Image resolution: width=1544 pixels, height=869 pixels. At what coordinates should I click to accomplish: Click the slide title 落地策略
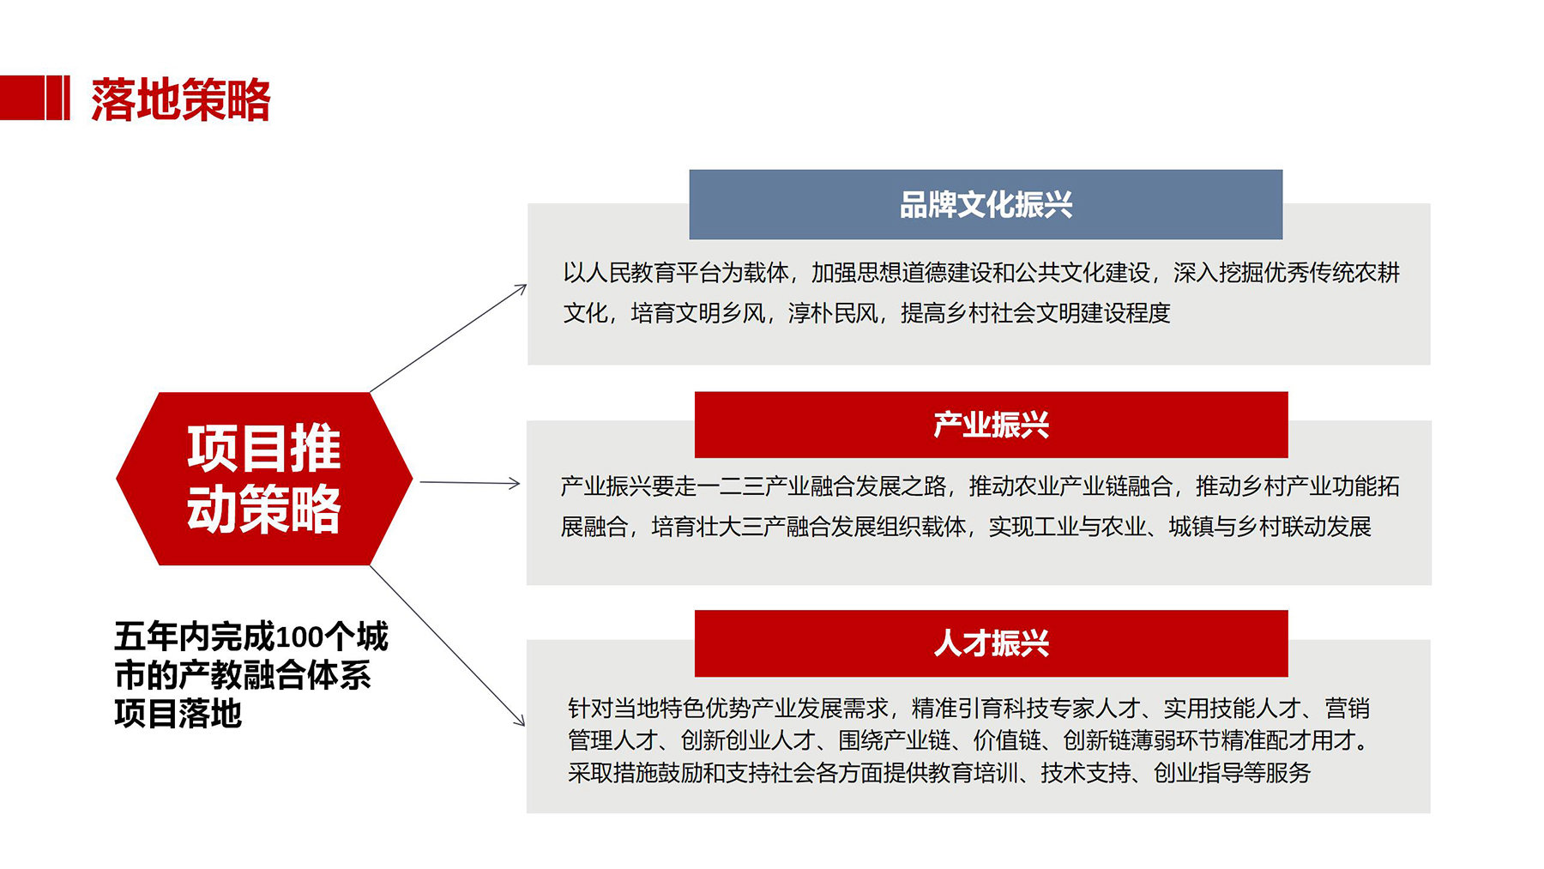pyautogui.click(x=181, y=100)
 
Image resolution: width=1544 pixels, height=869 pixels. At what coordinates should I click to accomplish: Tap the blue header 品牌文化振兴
pyautogui.click(x=986, y=204)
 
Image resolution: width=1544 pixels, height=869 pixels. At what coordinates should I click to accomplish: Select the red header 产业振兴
pyautogui.click(x=991, y=425)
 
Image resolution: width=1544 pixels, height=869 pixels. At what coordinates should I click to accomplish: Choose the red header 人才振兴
pyautogui.click(x=991, y=643)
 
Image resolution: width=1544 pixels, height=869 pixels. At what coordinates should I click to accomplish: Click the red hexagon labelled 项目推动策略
pyautogui.click(x=264, y=479)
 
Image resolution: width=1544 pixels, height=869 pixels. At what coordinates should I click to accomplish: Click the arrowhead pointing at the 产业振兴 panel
pyautogui.click(x=515, y=484)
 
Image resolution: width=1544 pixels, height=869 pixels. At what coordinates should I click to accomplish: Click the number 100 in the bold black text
pyautogui.click(x=299, y=637)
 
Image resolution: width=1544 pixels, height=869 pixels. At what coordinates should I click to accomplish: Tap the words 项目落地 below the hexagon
pyautogui.click(x=178, y=714)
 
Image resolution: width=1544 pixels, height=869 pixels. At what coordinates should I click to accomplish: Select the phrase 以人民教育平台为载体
pyautogui.click(x=676, y=273)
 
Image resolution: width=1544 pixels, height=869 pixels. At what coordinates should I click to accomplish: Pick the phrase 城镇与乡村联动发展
pyautogui.click(x=1270, y=526)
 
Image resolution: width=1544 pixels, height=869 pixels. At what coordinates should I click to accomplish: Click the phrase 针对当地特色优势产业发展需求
pyautogui.click(x=728, y=709)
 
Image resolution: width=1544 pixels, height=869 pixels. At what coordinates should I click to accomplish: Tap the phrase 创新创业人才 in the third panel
pyautogui.click(x=748, y=740)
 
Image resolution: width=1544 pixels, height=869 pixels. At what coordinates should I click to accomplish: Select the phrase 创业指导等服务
pyautogui.click(x=1232, y=773)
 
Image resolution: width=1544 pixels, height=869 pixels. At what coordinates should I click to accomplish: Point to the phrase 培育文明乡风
pyautogui.click(x=698, y=313)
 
